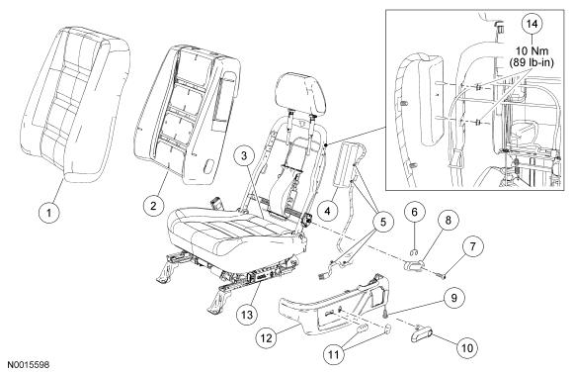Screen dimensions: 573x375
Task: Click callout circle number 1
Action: point(49,211)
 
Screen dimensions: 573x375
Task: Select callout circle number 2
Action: point(153,205)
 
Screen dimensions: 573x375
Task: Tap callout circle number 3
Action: point(244,155)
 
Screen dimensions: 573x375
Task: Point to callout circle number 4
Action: point(327,211)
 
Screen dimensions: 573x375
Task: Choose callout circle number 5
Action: point(383,222)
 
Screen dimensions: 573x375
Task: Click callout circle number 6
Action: point(415,212)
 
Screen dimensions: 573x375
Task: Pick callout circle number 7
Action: point(472,246)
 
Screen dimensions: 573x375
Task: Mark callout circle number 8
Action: point(448,220)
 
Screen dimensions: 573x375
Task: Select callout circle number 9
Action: point(453,298)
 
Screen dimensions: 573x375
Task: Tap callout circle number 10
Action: point(467,347)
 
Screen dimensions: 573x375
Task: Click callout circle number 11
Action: point(334,354)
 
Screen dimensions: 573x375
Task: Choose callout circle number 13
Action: point(247,315)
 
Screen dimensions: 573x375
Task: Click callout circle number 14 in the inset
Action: point(532,24)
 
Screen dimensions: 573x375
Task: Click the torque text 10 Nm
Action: point(532,50)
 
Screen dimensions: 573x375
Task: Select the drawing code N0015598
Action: point(29,365)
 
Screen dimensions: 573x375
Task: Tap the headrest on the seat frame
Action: point(300,93)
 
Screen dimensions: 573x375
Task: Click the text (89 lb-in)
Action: point(532,62)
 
